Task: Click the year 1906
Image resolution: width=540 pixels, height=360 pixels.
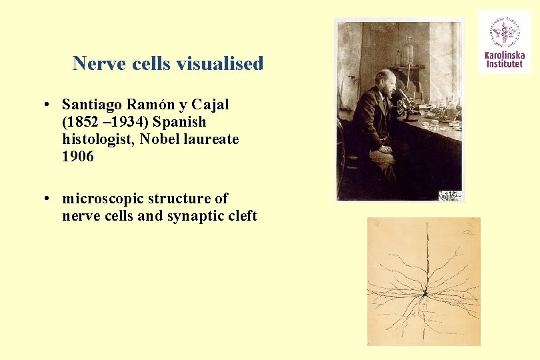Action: [78, 157]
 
